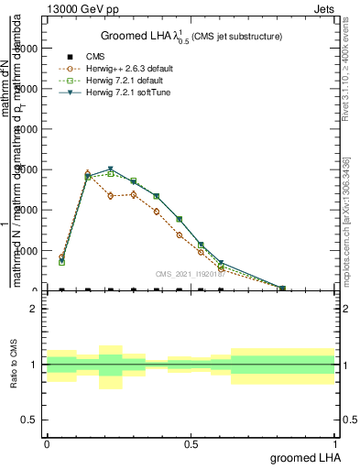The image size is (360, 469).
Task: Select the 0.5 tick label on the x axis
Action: point(191,444)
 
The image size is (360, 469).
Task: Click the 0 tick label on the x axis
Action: point(47,444)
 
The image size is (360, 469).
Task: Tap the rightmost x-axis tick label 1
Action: point(336,444)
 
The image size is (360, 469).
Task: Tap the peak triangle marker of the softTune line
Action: point(111,169)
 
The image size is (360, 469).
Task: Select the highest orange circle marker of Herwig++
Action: point(88,173)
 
